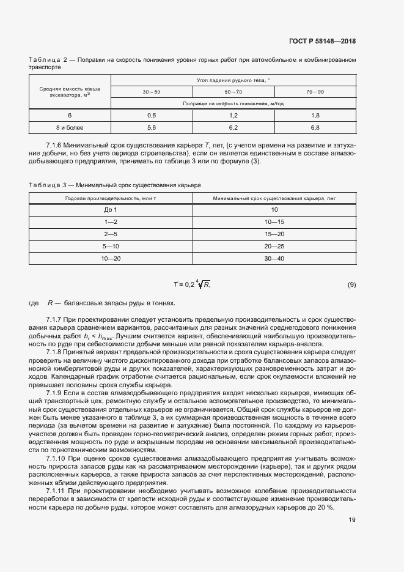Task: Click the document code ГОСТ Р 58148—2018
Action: [x=322, y=42]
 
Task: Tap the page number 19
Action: [x=352, y=520]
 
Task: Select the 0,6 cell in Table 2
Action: [x=152, y=115]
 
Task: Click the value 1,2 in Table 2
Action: [x=233, y=115]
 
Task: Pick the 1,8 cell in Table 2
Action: [x=315, y=115]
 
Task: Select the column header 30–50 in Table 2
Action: [x=152, y=91]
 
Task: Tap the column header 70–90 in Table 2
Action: [x=315, y=91]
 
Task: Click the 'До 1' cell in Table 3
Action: [x=110, y=210]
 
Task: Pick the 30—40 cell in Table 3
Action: [x=274, y=259]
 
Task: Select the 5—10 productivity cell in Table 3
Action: [x=110, y=247]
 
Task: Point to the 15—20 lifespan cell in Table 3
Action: [x=274, y=234]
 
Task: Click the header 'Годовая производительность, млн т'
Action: [x=110, y=198]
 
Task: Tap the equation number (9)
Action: [x=351, y=284]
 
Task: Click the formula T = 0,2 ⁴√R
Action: [x=192, y=284]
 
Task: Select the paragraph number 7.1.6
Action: [x=56, y=144]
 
